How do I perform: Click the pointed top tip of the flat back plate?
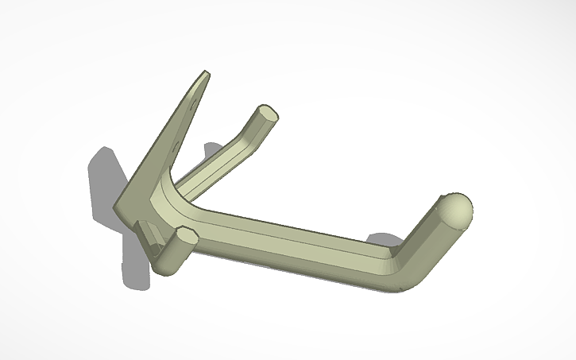203,76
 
